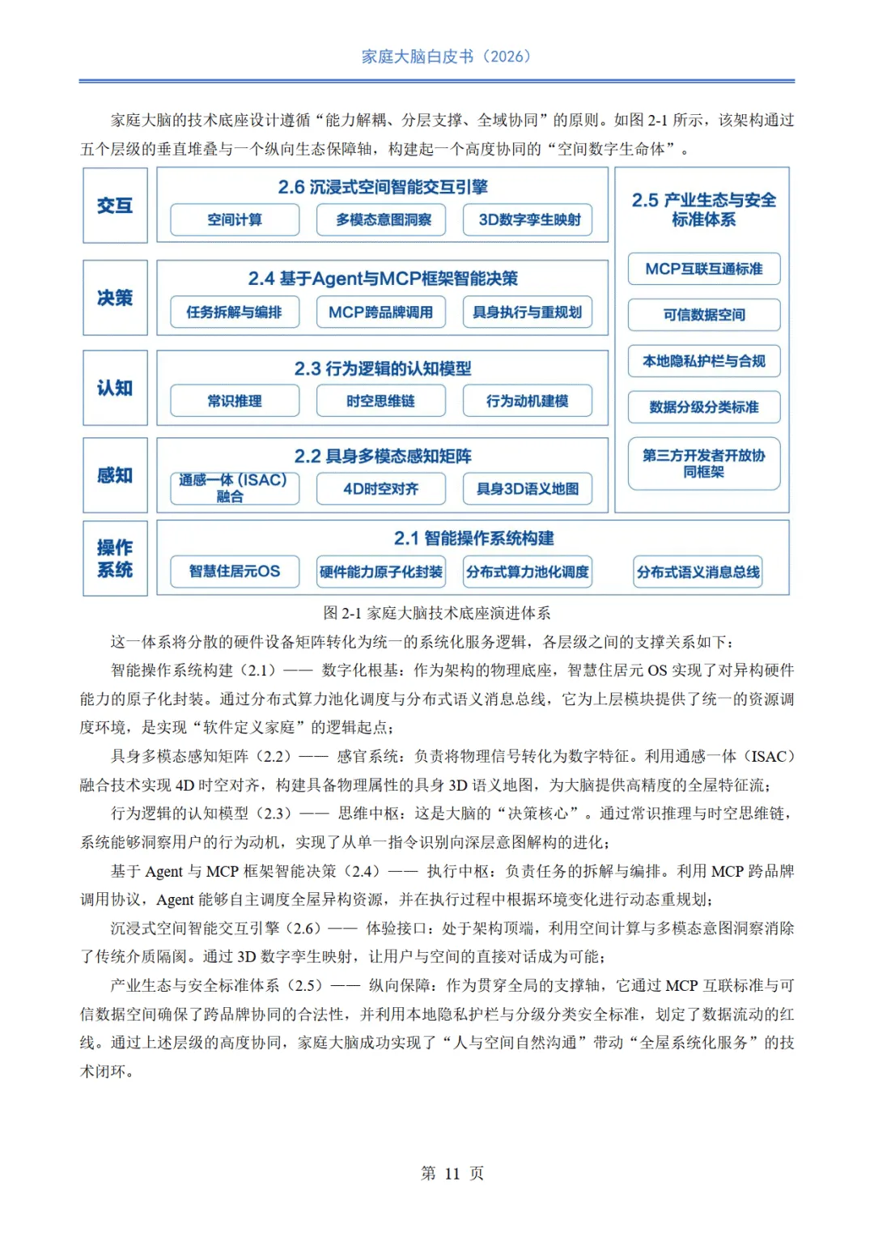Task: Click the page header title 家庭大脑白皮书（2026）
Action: pos(446,57)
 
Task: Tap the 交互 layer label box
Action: pos(115,206)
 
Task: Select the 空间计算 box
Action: pos(235,219)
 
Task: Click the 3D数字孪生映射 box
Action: pos(528,219)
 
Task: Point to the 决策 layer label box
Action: pos(115,298)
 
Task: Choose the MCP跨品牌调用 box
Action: pos(380,312)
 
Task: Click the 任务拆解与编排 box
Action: pos(235,312)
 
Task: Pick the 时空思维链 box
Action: pos(380,401)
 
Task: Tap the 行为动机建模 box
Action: pos(528,401)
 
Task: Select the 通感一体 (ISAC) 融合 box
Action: pos(235,488)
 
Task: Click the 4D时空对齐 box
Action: pos(380,488)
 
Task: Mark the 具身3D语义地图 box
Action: pos(528,488)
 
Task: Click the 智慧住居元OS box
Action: pos(235,572)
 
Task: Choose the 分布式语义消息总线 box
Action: pos(698,572)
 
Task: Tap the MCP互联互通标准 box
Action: pos(704,269)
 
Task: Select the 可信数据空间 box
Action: pos(704,315)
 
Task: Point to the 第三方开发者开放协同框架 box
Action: pos(704,464)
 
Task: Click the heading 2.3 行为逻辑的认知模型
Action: pos(382,368)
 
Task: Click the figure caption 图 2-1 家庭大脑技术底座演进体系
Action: pos(437,613)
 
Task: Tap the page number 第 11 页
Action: pos(452,1173)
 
